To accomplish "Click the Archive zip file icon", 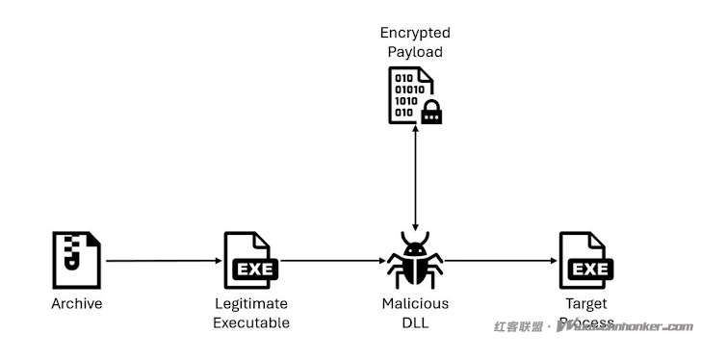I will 76,260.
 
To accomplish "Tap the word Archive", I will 76,304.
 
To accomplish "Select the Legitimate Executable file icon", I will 250,260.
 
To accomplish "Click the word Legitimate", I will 250,304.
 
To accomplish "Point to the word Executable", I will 250,322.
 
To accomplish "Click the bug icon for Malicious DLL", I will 415,260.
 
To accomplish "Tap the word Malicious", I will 415,304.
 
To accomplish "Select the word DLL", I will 415,322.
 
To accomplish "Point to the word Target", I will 586,304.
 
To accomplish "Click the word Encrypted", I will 415,34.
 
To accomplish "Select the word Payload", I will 415,52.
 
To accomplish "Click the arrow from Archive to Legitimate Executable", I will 164,261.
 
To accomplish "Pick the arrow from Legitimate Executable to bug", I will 332,261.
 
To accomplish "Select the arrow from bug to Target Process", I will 501,261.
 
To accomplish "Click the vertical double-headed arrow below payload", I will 415,178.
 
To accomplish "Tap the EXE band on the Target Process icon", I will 590,270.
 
